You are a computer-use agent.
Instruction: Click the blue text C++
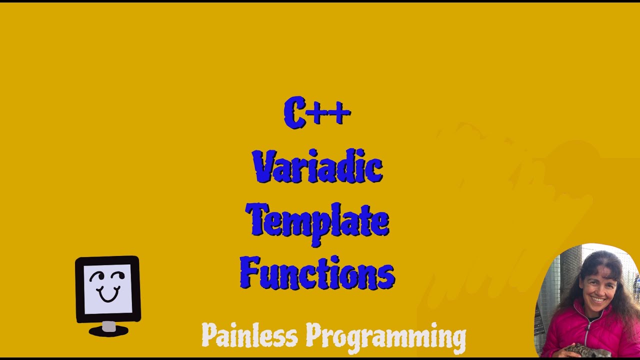coord(317,113)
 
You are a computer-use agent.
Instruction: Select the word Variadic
coord(317,166)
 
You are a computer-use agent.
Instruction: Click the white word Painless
coord(249,335)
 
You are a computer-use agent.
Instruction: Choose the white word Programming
coord(385,336)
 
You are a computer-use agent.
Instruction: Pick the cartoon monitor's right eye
coord(118,276)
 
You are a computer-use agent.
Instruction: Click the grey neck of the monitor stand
coord(108,326)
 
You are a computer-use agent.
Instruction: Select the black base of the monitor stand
coord(108,332)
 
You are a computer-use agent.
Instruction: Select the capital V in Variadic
coord(264,166)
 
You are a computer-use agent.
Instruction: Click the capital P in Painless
coord(210,335)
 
